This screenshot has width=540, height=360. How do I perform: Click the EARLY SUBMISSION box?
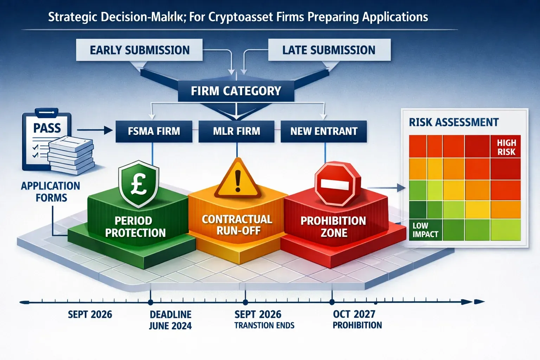click(140, 50)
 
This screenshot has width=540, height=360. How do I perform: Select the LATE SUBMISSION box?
click(329, 50)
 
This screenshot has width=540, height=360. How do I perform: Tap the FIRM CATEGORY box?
click(236, 91)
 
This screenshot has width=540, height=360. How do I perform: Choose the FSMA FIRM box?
click(154, 131)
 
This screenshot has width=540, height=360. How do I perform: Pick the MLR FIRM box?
click(236, 131)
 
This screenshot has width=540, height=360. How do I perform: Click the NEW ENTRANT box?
click(324, 131)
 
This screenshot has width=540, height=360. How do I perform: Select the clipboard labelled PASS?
click(46, 141)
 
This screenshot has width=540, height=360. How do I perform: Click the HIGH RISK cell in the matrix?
click(506, 147)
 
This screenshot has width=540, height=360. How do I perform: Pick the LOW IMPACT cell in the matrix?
click(425, 230)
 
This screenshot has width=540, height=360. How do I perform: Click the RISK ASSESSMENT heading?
click(454, 122)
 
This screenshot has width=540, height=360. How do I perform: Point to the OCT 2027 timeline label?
click(354, 314)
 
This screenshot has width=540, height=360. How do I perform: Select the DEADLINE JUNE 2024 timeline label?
click(171, 320)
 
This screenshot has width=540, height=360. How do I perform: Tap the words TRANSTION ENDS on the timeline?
click(264, 326)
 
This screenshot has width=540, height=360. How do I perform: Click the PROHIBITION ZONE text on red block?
click(333, 226)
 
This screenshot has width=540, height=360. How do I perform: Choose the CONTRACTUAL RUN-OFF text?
click(237, 225)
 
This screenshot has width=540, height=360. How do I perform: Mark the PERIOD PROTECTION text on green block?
click(135, 226)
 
